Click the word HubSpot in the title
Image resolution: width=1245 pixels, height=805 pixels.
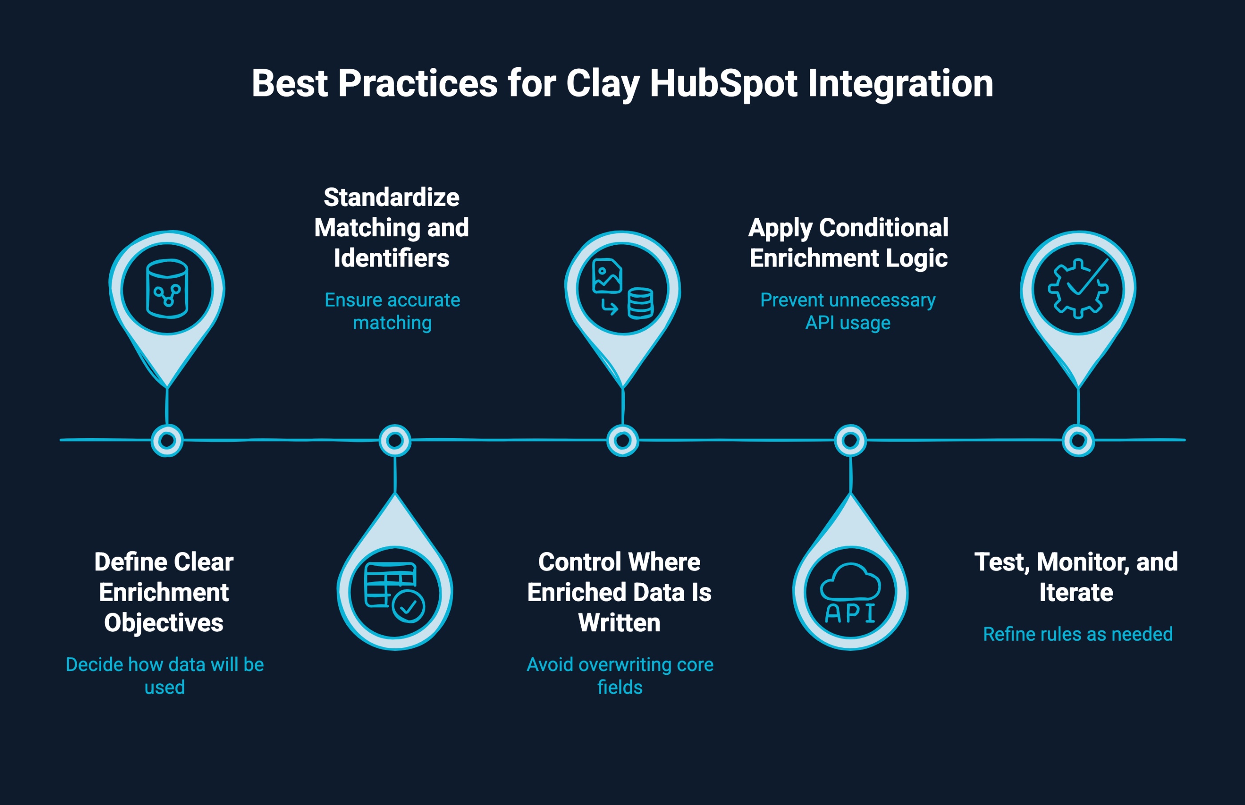coord(723,84)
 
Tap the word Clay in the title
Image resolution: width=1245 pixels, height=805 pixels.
coord(603,84)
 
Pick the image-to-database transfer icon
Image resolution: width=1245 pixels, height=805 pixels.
coord(622,288)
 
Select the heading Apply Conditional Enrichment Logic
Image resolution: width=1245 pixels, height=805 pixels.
coord(848,243)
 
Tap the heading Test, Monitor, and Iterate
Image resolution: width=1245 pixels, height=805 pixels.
coord(1076,577)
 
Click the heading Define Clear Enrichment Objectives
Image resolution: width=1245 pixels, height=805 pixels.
coord(163,592)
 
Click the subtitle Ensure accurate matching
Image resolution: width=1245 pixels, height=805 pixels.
coord(392,311)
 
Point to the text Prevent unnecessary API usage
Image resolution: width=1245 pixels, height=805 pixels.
coord(848,311)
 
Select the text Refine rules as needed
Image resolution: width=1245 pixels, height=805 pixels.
coord(1077,634)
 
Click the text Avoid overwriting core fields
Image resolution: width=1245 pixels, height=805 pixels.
coord(620,675)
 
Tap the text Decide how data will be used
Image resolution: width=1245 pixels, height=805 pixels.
coord(165,675)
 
